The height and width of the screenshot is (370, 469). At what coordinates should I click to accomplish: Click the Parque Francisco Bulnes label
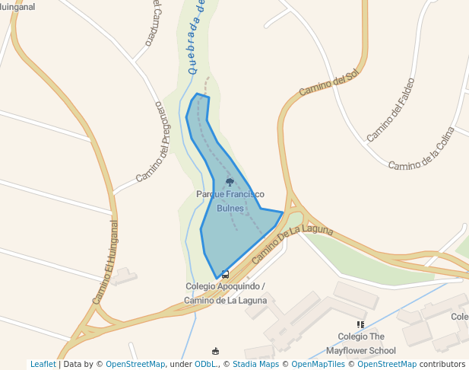click(x=230, y=201)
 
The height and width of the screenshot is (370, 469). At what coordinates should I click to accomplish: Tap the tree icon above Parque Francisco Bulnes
click(x=230, y=182)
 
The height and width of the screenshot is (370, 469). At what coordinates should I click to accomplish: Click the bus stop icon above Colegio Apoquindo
click(x=225, y=274)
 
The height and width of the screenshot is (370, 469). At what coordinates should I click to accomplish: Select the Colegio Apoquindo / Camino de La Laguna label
click(x=226, y=293)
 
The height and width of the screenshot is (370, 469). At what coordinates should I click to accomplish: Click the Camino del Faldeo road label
click(x=391, y=110)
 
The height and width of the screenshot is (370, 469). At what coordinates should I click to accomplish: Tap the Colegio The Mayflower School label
click(x=361, y=343)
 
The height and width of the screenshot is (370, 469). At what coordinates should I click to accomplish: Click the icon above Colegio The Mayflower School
click(x=360, y=325)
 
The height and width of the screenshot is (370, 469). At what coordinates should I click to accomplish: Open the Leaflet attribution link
click(x=43, y=364)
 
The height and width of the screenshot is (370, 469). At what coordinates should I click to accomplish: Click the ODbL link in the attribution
click(x=206, y=364)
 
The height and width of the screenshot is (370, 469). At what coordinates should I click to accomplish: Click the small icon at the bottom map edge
click(x=216, y=351)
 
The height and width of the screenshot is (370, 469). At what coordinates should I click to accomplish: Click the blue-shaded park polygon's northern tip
click(x=198, y=94)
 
